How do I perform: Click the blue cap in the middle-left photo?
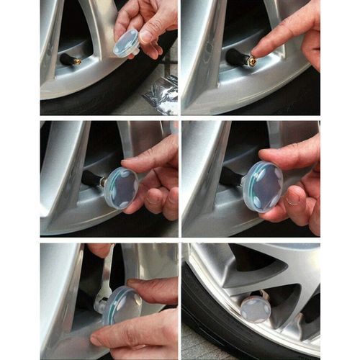coord(120,189)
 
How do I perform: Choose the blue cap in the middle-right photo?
coord(263,186)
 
